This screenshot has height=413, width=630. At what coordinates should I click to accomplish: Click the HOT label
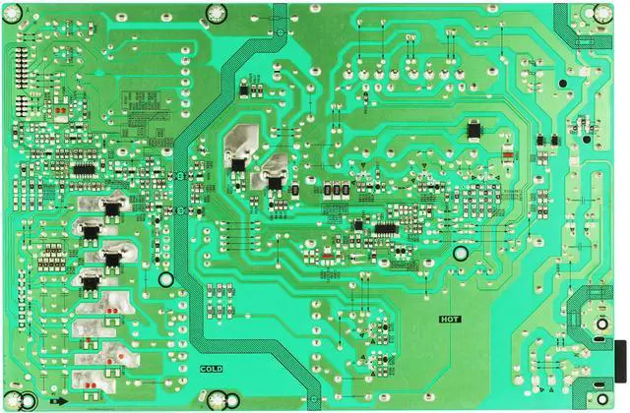click(451, 319)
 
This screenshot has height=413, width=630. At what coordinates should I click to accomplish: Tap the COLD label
click(212, 369)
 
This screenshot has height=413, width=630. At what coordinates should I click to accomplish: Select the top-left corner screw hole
click(23, 13)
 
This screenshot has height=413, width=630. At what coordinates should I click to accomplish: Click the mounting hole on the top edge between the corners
click(216, 13)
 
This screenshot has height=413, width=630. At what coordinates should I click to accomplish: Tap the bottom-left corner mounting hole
click(30, 399)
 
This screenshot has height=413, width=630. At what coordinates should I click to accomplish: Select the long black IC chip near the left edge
click(84, 169)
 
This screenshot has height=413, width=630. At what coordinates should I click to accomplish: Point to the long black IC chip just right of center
click(383, 228)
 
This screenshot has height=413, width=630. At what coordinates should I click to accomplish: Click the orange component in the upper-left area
click(62, 112)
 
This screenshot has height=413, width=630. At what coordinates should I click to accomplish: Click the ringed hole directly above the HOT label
click(460, 253)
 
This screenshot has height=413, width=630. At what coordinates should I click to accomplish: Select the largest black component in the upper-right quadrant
click(476, 128)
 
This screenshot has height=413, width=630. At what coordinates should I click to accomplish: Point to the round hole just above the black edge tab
click(600, 324)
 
